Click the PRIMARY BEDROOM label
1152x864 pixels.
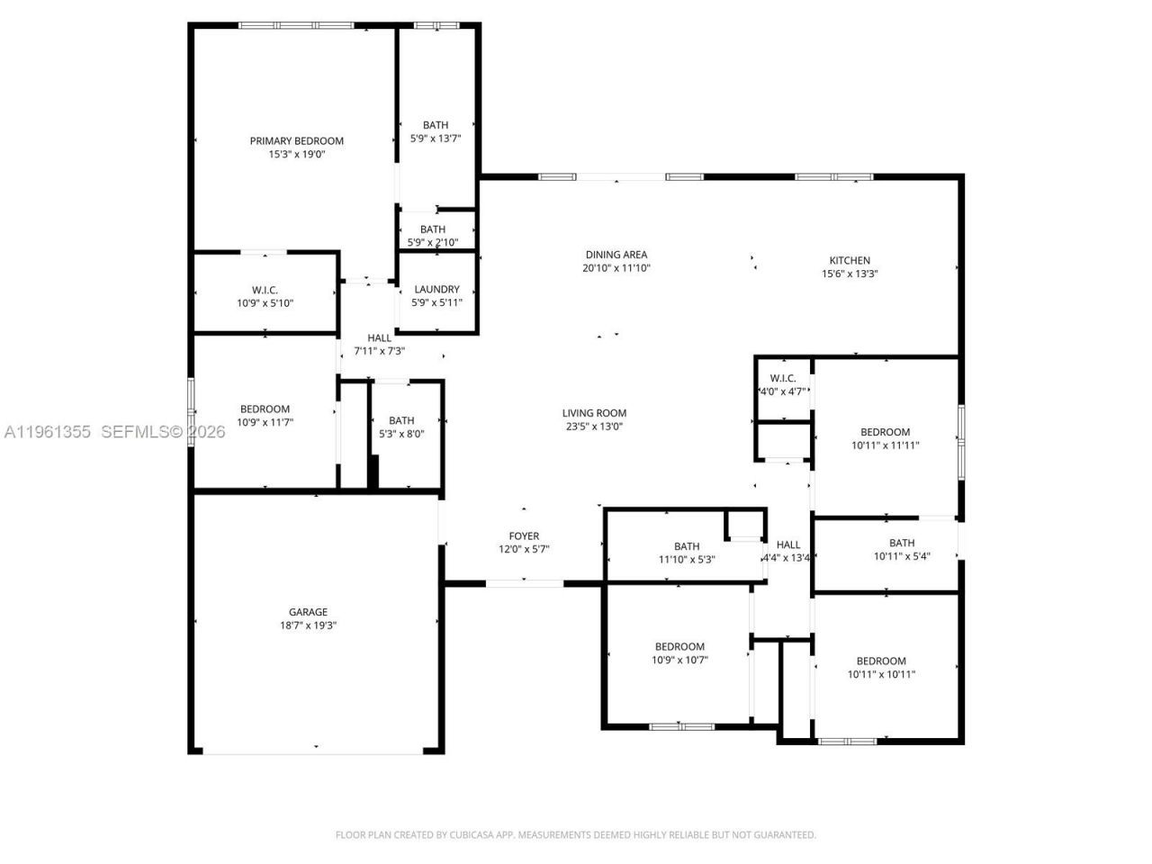pyautogui.click(x=296, y=141)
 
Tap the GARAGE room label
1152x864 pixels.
pyautogui.click(x=308, y=612)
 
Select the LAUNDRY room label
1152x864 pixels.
pyautogui.click(x=436, y=290)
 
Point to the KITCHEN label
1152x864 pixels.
pyautogui.click(x=849, y=261)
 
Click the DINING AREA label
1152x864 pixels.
pyautogui.click(x=616, y=255)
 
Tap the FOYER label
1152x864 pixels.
pyautogui.click(x=524, y=536)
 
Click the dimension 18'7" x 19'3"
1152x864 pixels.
pyautogui.click(x=308, y=625)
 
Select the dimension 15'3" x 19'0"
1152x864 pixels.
pyautogui.click(x=296, y=155)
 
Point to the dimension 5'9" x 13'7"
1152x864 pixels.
pyautogui.click(x=436, y=139)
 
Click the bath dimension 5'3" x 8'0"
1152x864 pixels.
pyautogui.click(x=401, y=434)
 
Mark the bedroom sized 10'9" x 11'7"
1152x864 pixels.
pyautogui.click(x=265, y=416)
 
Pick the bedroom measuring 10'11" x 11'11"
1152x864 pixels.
pyautogui.click(x=885, y=438)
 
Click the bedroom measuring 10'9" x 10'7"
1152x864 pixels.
pyautogui.click(x=679, y=652)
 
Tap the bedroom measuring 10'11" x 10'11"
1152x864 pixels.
pyautogui.click(x=881, y=667)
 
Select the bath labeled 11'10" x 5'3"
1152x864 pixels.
pyautogui.click(x=687, y=553)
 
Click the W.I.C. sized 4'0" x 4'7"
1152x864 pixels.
pyautogui.click(x=783, y=385)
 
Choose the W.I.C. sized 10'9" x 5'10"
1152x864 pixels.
pyautogui.click(x=265, y=296)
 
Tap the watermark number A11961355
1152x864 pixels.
pyautogui.click(x=47, y=432)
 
